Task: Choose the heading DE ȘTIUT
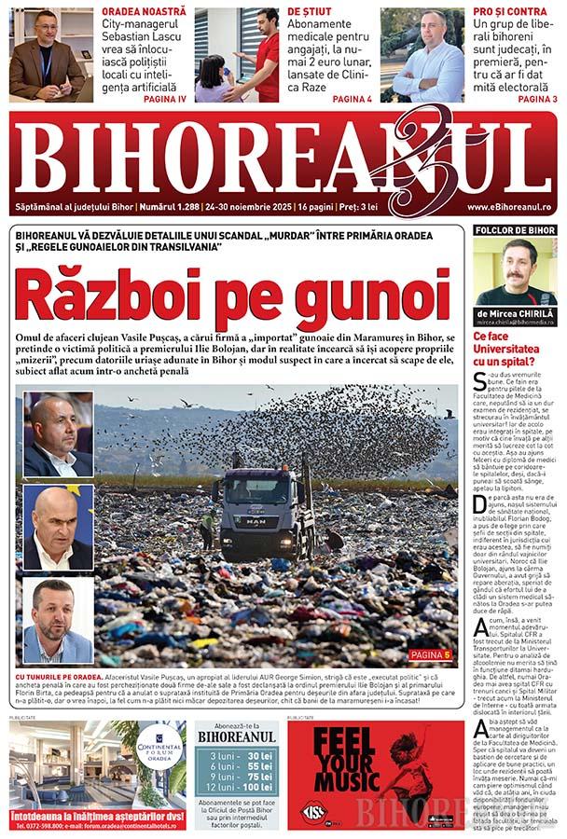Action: (309, 11)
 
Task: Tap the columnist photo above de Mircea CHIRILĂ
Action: (516, 272)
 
